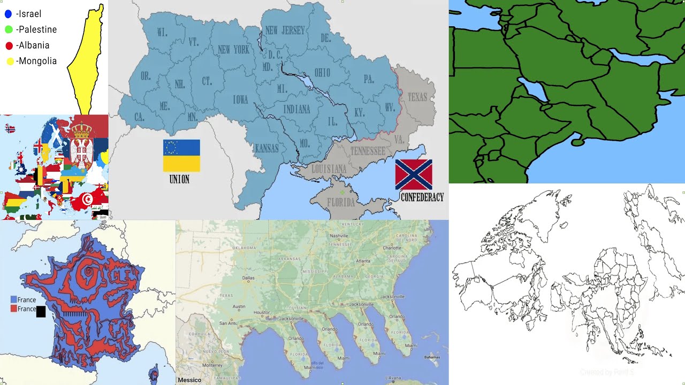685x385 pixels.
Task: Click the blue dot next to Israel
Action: (8, 14)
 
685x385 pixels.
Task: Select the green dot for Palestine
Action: (8, 29)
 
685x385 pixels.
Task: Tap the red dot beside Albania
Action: (9, 45)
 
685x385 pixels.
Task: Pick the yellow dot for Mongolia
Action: (10, 61)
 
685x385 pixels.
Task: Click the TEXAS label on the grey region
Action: (417, 97)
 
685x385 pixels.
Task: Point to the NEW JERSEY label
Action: (285, 30)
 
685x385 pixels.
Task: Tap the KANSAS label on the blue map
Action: (266, 148)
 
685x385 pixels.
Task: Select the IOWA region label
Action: (240, 99)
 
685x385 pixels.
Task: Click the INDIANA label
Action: (296, 109)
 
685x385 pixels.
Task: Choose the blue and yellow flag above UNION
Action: (181, 156)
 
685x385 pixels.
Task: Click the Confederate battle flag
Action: (414, 175)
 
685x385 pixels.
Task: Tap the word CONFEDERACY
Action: (422, 197)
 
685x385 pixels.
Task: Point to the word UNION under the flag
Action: (179, 180)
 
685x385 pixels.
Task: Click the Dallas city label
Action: (248, 278)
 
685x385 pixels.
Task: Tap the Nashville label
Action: (339, 235)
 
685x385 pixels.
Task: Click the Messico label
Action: (189, 380)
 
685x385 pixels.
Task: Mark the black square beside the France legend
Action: (41, 311)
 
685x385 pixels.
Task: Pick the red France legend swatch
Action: (14, 309)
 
